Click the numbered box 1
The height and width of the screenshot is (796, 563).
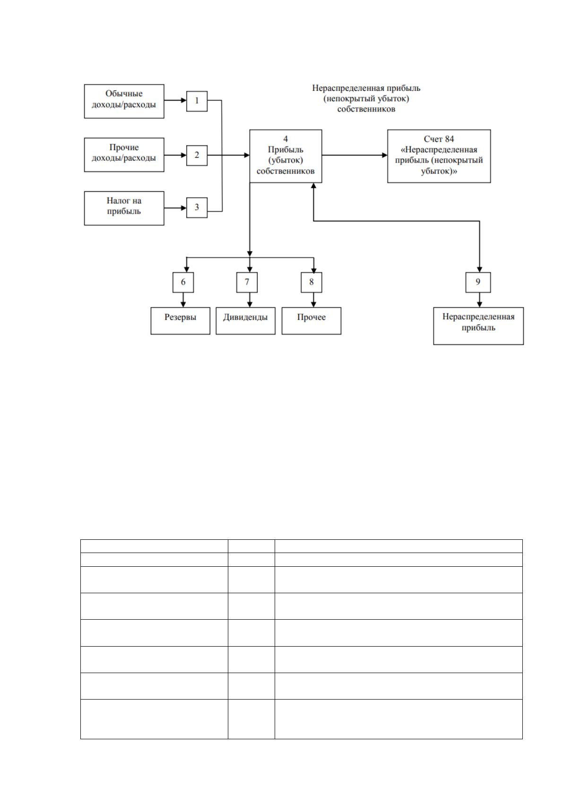click(197, 101)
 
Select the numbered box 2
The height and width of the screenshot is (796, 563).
click(197, 156)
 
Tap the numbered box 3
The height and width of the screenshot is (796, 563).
click(197, 208)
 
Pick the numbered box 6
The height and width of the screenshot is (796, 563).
click(183, 283)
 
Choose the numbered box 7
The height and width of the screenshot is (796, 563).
click(247, 283)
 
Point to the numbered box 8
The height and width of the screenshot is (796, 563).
click(312, 283)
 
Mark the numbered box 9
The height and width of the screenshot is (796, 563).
click(478, 283)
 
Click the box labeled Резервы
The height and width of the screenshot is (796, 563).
click(180, 321)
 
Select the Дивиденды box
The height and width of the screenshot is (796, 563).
click(246, 321)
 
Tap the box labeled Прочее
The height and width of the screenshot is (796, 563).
click(312, 321)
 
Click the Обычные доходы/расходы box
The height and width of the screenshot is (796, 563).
click(124, 101)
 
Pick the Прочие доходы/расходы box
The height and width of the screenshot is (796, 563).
click(124, 155)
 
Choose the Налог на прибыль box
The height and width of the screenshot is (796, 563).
click(124, 208)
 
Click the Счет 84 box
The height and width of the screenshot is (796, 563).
click(439, 156)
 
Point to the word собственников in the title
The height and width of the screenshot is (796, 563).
click(366, 109)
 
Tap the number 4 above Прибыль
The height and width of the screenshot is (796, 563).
click(286, 139)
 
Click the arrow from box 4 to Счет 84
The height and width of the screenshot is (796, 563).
click(355, 156)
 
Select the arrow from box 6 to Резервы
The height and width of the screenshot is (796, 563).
click(183, 300)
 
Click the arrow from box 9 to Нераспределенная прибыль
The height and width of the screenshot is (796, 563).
click(479, 300)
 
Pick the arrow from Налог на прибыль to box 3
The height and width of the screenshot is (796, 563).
click(175, 208)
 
